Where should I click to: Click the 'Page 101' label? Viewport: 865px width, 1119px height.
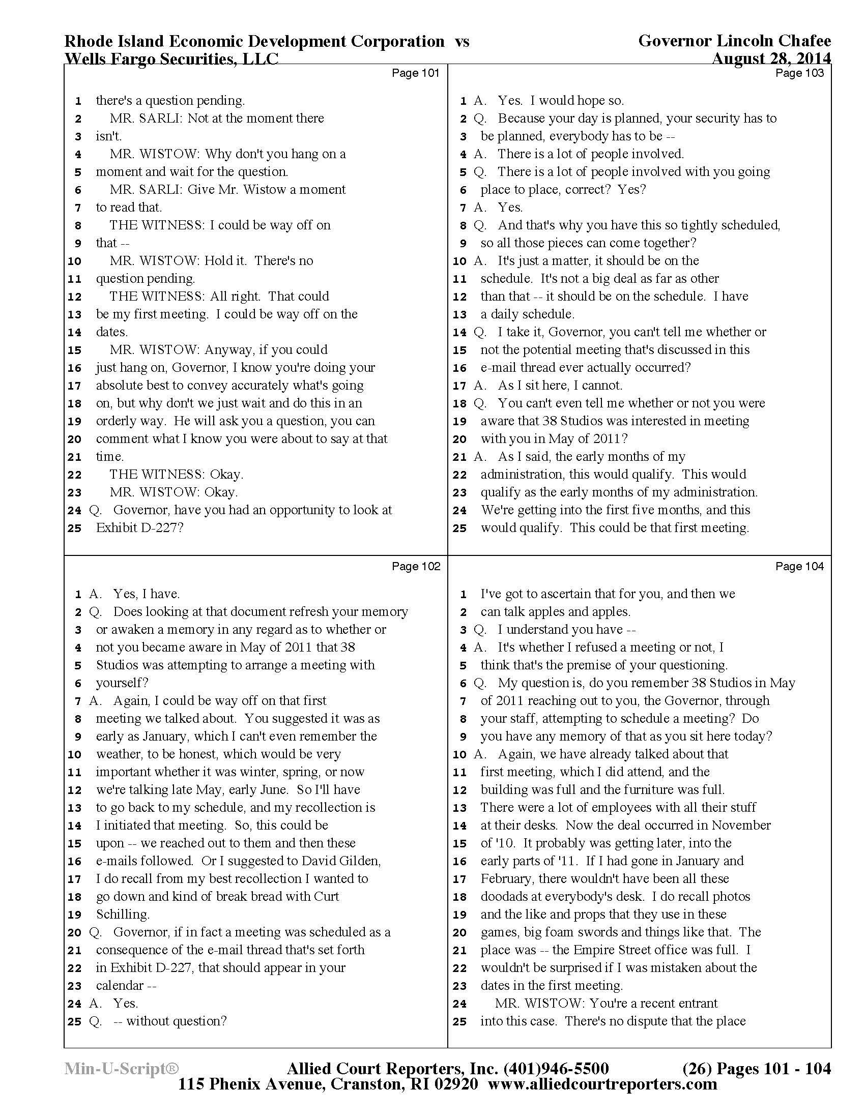click(415, 73)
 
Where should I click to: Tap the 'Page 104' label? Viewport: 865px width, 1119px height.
click(799, 566)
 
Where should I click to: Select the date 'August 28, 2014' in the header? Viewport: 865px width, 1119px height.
click(771, 59)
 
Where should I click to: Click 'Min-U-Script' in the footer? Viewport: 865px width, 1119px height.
click(122, 1068)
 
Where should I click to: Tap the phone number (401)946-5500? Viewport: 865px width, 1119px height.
click(557, 1068)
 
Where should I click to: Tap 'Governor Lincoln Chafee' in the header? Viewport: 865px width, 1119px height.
click(734, 41)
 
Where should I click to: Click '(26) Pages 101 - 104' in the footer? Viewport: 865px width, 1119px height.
click(756, 1068)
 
